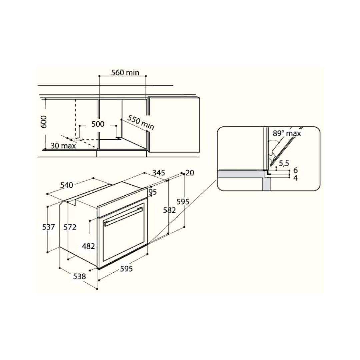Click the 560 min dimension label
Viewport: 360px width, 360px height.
[125, 73]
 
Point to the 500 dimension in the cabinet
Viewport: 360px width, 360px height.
[98, 124]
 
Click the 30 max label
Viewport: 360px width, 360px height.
[63, 146]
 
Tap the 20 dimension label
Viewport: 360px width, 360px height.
[190, 172]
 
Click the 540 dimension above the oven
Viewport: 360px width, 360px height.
[67, 185]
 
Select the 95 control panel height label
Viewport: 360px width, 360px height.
[152, 192]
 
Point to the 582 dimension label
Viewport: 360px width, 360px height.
[169, 210]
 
